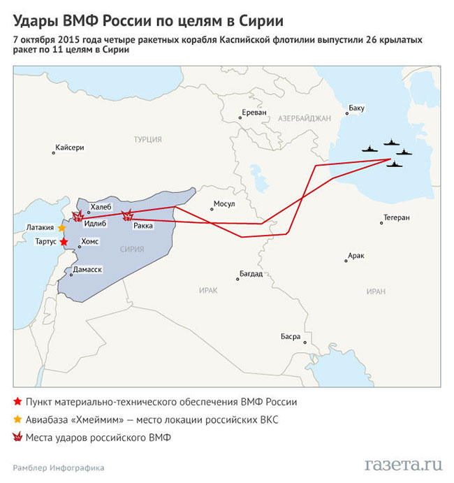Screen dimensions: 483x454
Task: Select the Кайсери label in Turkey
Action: [69, 148]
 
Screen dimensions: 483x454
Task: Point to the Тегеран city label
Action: [395, 217]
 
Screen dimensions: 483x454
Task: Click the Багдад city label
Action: [251, 273]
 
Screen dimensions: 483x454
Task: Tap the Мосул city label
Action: [224, 204]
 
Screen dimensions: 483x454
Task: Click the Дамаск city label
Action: [87, 269]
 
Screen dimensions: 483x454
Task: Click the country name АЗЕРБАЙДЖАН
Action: [304, 119]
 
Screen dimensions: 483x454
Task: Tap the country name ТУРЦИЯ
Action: [147, 140]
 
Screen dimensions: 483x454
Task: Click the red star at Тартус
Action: [64, 241]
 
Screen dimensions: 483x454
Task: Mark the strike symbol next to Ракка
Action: [127, 216]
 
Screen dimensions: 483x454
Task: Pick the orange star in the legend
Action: [17, 419]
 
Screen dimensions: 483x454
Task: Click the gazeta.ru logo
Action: [404, 463]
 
